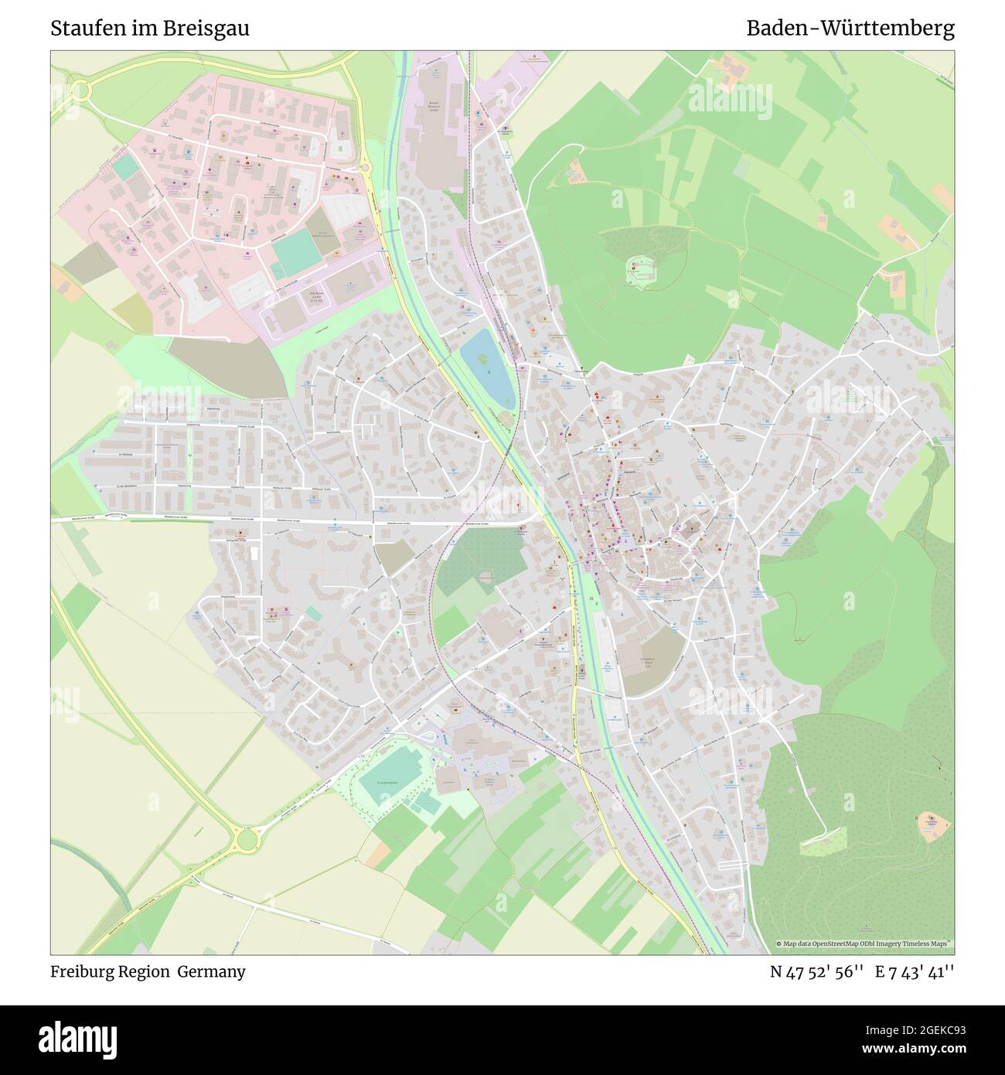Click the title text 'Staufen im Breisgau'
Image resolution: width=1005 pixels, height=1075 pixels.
point(150,29)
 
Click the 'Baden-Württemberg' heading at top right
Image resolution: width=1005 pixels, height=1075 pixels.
point(850,29)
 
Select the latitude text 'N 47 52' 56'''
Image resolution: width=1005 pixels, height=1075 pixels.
point(816,972)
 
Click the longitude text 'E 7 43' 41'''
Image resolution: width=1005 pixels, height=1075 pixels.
point(915,972)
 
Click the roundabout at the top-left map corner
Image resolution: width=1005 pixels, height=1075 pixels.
point(80,91)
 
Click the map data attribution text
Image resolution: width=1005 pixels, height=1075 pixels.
point(864,944)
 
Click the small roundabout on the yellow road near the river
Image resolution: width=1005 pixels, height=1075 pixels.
point(363,166)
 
